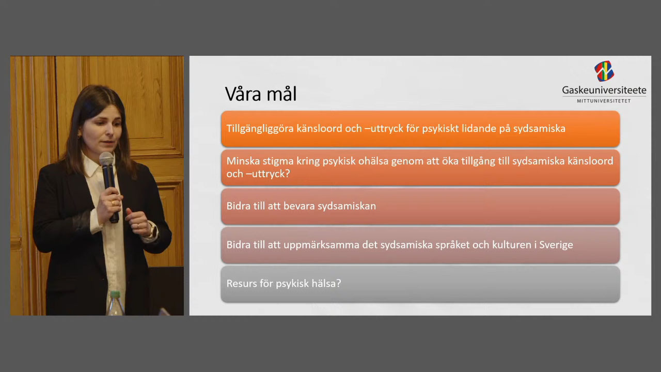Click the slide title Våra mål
click(261, 94)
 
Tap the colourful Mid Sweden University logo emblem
click(604, 71)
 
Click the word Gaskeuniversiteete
click(604, 90)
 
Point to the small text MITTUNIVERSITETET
click(604, 101)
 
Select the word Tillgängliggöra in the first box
click(260, 129)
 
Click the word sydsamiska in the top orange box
click(539, 129)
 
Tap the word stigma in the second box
click(279, 161)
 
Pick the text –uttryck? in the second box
click(268, 174)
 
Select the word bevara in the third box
click(299, 206)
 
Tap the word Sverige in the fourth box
click(556, 245)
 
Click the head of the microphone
click(106, 159)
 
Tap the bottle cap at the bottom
click(115, 295)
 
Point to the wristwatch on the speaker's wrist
click(153, 230)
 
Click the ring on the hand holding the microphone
click(113, 203)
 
